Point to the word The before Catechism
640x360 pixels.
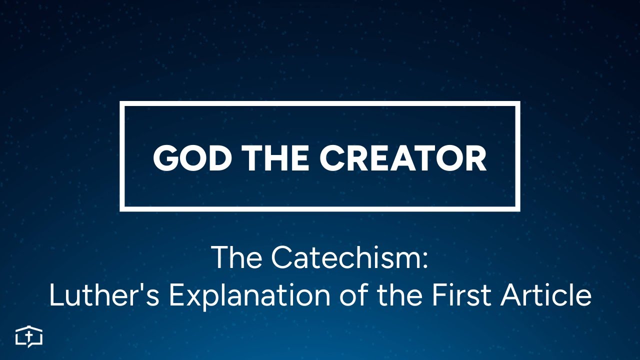click(237, 257)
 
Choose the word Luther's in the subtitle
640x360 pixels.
click(105, 295)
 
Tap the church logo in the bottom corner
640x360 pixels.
click(29, 336)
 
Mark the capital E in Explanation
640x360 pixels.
click(177, 295)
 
